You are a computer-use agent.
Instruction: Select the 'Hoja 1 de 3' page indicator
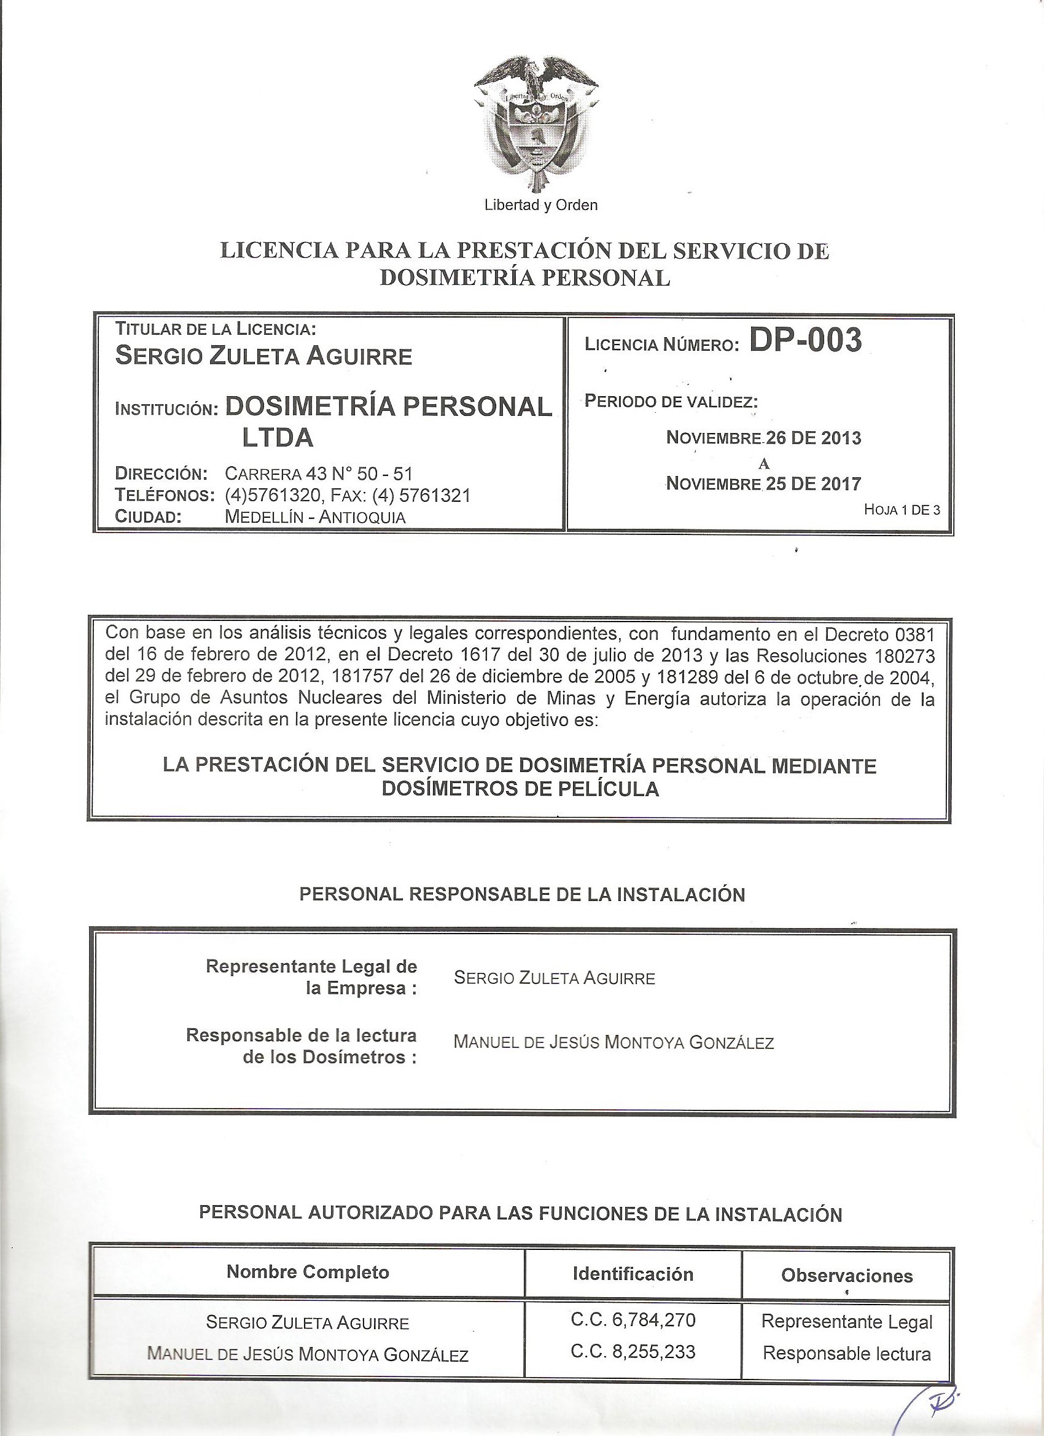tap(902, 510)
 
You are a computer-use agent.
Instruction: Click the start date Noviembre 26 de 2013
tap(763, 437)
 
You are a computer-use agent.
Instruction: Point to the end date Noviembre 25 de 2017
tap(763, 485)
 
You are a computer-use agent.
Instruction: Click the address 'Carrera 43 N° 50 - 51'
tap(319, 473)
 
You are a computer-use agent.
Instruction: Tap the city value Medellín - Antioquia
tap(314, 517)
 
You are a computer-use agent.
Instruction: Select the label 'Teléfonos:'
tap(162, 495)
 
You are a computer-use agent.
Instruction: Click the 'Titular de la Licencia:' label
tap(216, 329)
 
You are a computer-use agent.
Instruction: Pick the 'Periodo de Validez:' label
tap(672, 402)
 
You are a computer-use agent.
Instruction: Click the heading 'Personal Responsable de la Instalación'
tap(521, 895)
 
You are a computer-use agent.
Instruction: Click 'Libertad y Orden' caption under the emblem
tap(540, 205)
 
